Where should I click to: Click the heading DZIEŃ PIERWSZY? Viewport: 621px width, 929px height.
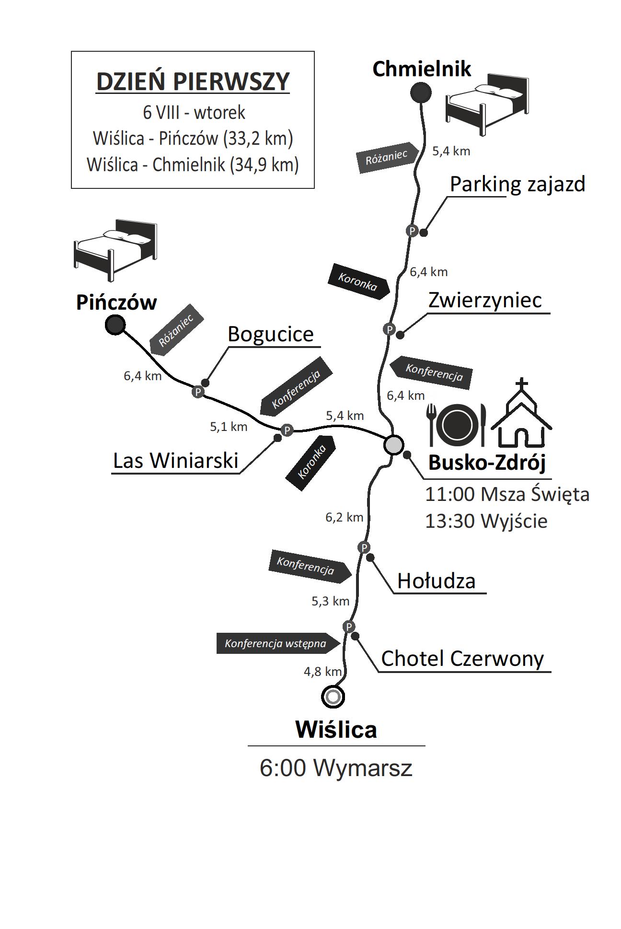pos(193,81)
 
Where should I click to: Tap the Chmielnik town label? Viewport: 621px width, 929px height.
pos(422,69)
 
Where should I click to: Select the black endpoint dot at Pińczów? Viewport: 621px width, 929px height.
pos(115,325)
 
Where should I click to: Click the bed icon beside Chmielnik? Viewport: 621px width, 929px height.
pos(487,103)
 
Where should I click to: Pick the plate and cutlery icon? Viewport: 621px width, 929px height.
pos(457,424)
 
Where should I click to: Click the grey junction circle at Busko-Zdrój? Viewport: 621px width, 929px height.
pos(393,445)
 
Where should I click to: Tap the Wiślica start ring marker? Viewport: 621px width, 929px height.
pos(333,696)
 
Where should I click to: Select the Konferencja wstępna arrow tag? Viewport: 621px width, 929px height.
pos(278,643)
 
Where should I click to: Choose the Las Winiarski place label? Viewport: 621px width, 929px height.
pos(175,461)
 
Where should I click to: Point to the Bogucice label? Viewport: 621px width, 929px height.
pos(270,334)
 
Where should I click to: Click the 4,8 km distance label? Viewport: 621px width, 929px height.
pos(322,672)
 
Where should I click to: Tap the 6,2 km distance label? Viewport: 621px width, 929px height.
pos(344,517)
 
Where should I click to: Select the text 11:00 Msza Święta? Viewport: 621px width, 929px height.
pos(507,494)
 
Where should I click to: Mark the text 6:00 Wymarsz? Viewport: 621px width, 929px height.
pos(336,768)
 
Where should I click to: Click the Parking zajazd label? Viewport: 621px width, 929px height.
pos(517,184)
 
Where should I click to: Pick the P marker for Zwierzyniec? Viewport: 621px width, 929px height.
pos(389,329)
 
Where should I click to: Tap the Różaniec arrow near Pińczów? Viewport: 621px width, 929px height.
pos(177,330)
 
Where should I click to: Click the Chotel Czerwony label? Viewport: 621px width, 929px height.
pos(462,659)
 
